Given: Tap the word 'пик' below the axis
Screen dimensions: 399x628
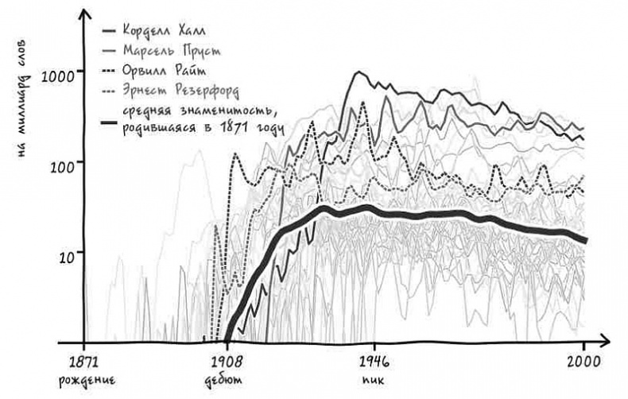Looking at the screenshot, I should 369,378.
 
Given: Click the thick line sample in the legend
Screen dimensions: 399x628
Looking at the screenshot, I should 110,123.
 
